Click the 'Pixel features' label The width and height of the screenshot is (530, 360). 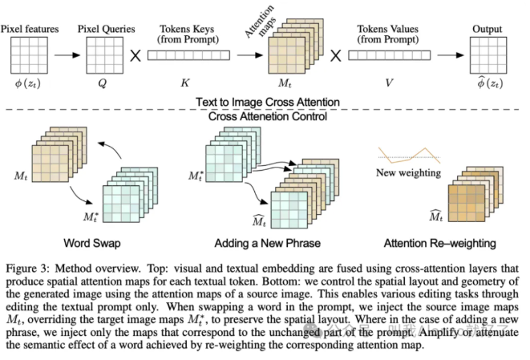[x=30, y=30]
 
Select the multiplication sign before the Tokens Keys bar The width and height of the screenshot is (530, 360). [x=136, y=57]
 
